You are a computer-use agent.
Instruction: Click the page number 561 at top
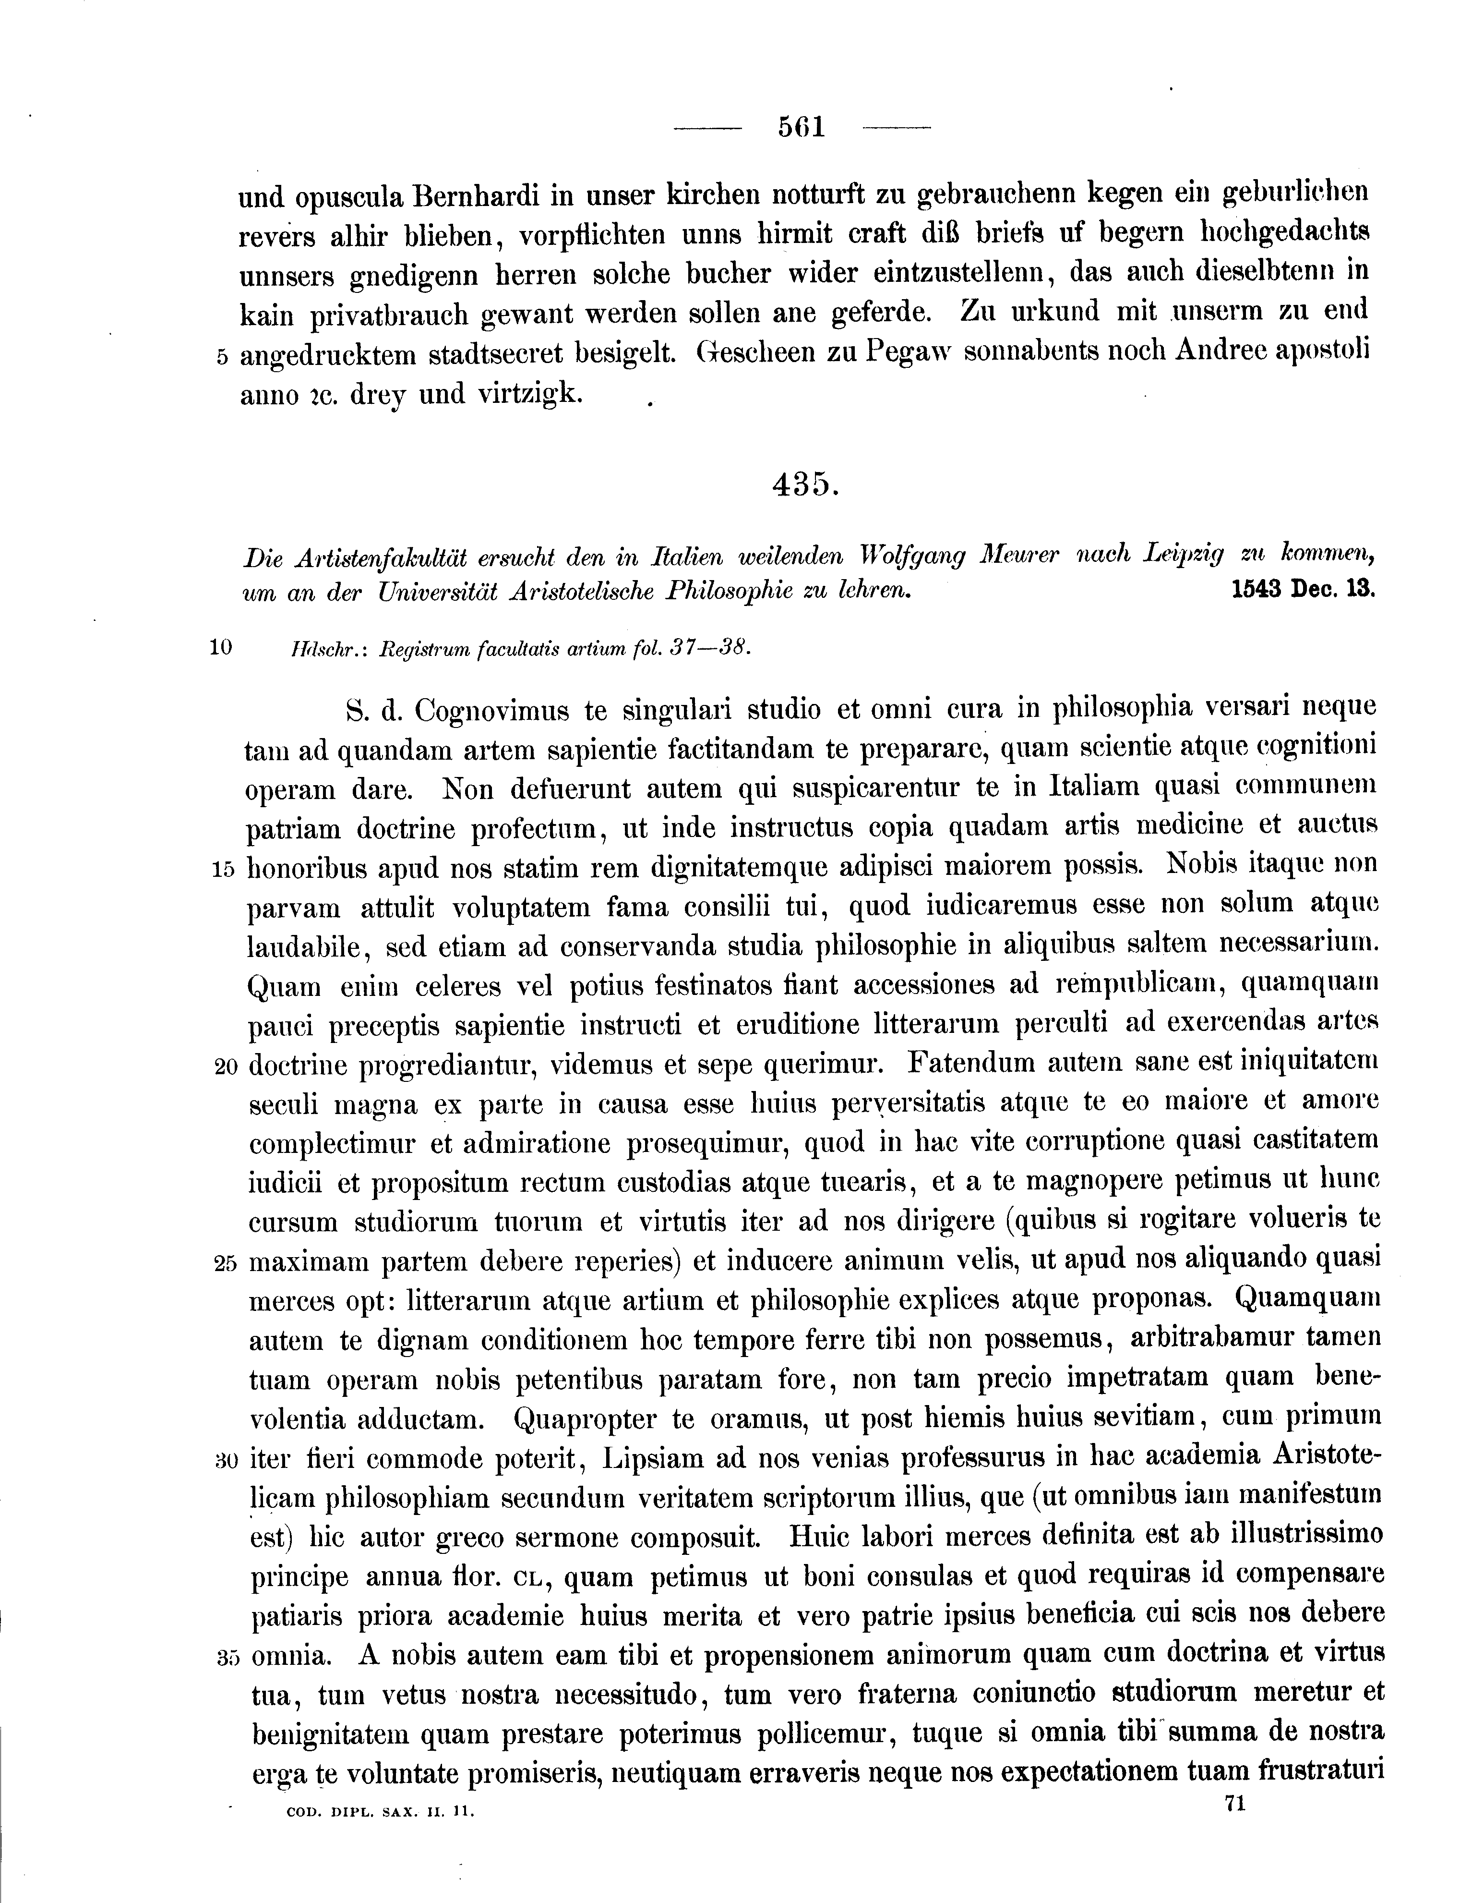tap(801, 128)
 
